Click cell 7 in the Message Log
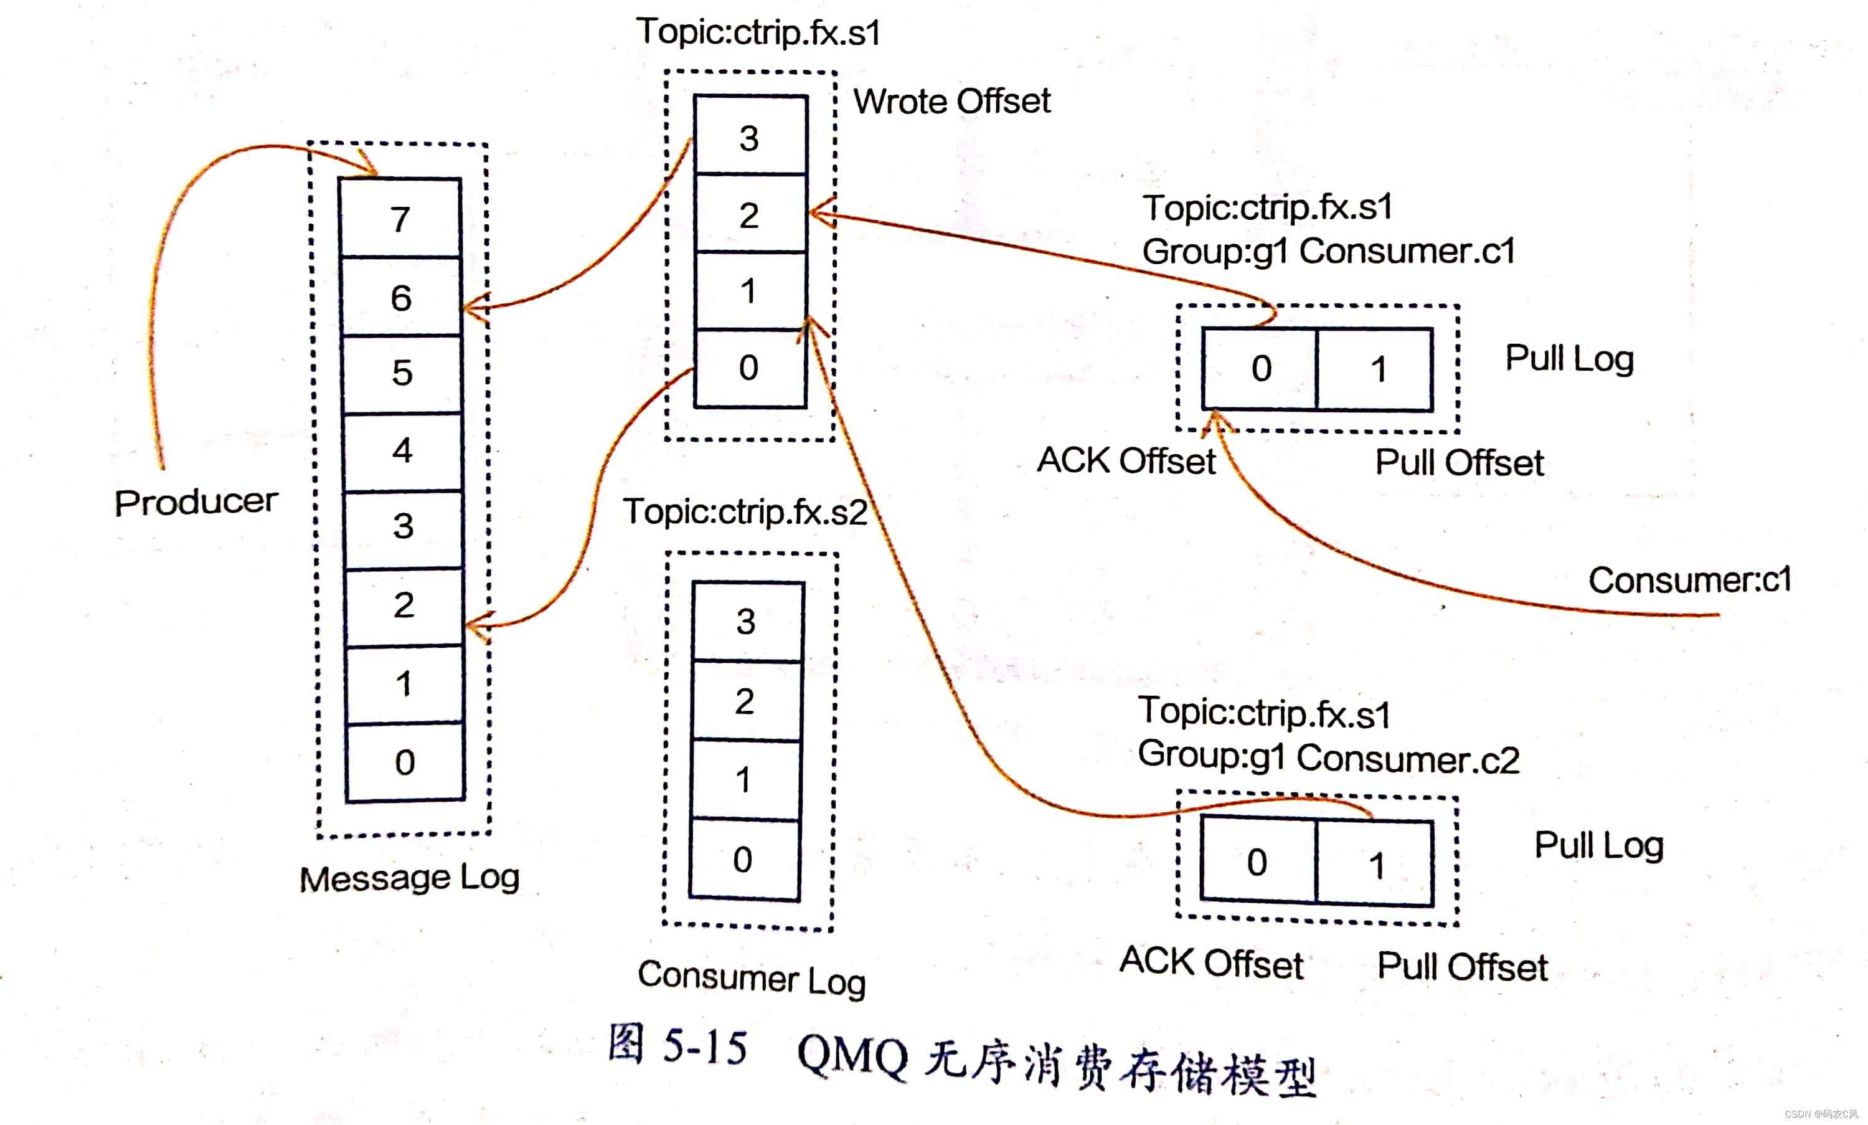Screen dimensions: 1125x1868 400,218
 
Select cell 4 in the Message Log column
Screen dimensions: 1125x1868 402,451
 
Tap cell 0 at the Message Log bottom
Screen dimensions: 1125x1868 405,762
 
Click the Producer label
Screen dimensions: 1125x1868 196,502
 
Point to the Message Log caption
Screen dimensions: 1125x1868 409,878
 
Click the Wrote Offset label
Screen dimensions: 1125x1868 952,102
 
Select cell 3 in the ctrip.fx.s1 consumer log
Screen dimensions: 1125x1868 750,137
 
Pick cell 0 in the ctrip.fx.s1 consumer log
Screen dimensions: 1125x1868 748,368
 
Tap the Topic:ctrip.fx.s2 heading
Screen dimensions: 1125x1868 745,511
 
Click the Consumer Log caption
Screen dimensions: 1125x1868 751,977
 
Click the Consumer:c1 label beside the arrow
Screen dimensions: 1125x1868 1689,581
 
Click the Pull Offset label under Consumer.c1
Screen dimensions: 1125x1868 1459,462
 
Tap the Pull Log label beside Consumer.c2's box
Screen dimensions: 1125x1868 1599,845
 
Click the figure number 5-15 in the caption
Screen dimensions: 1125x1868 705,1046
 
